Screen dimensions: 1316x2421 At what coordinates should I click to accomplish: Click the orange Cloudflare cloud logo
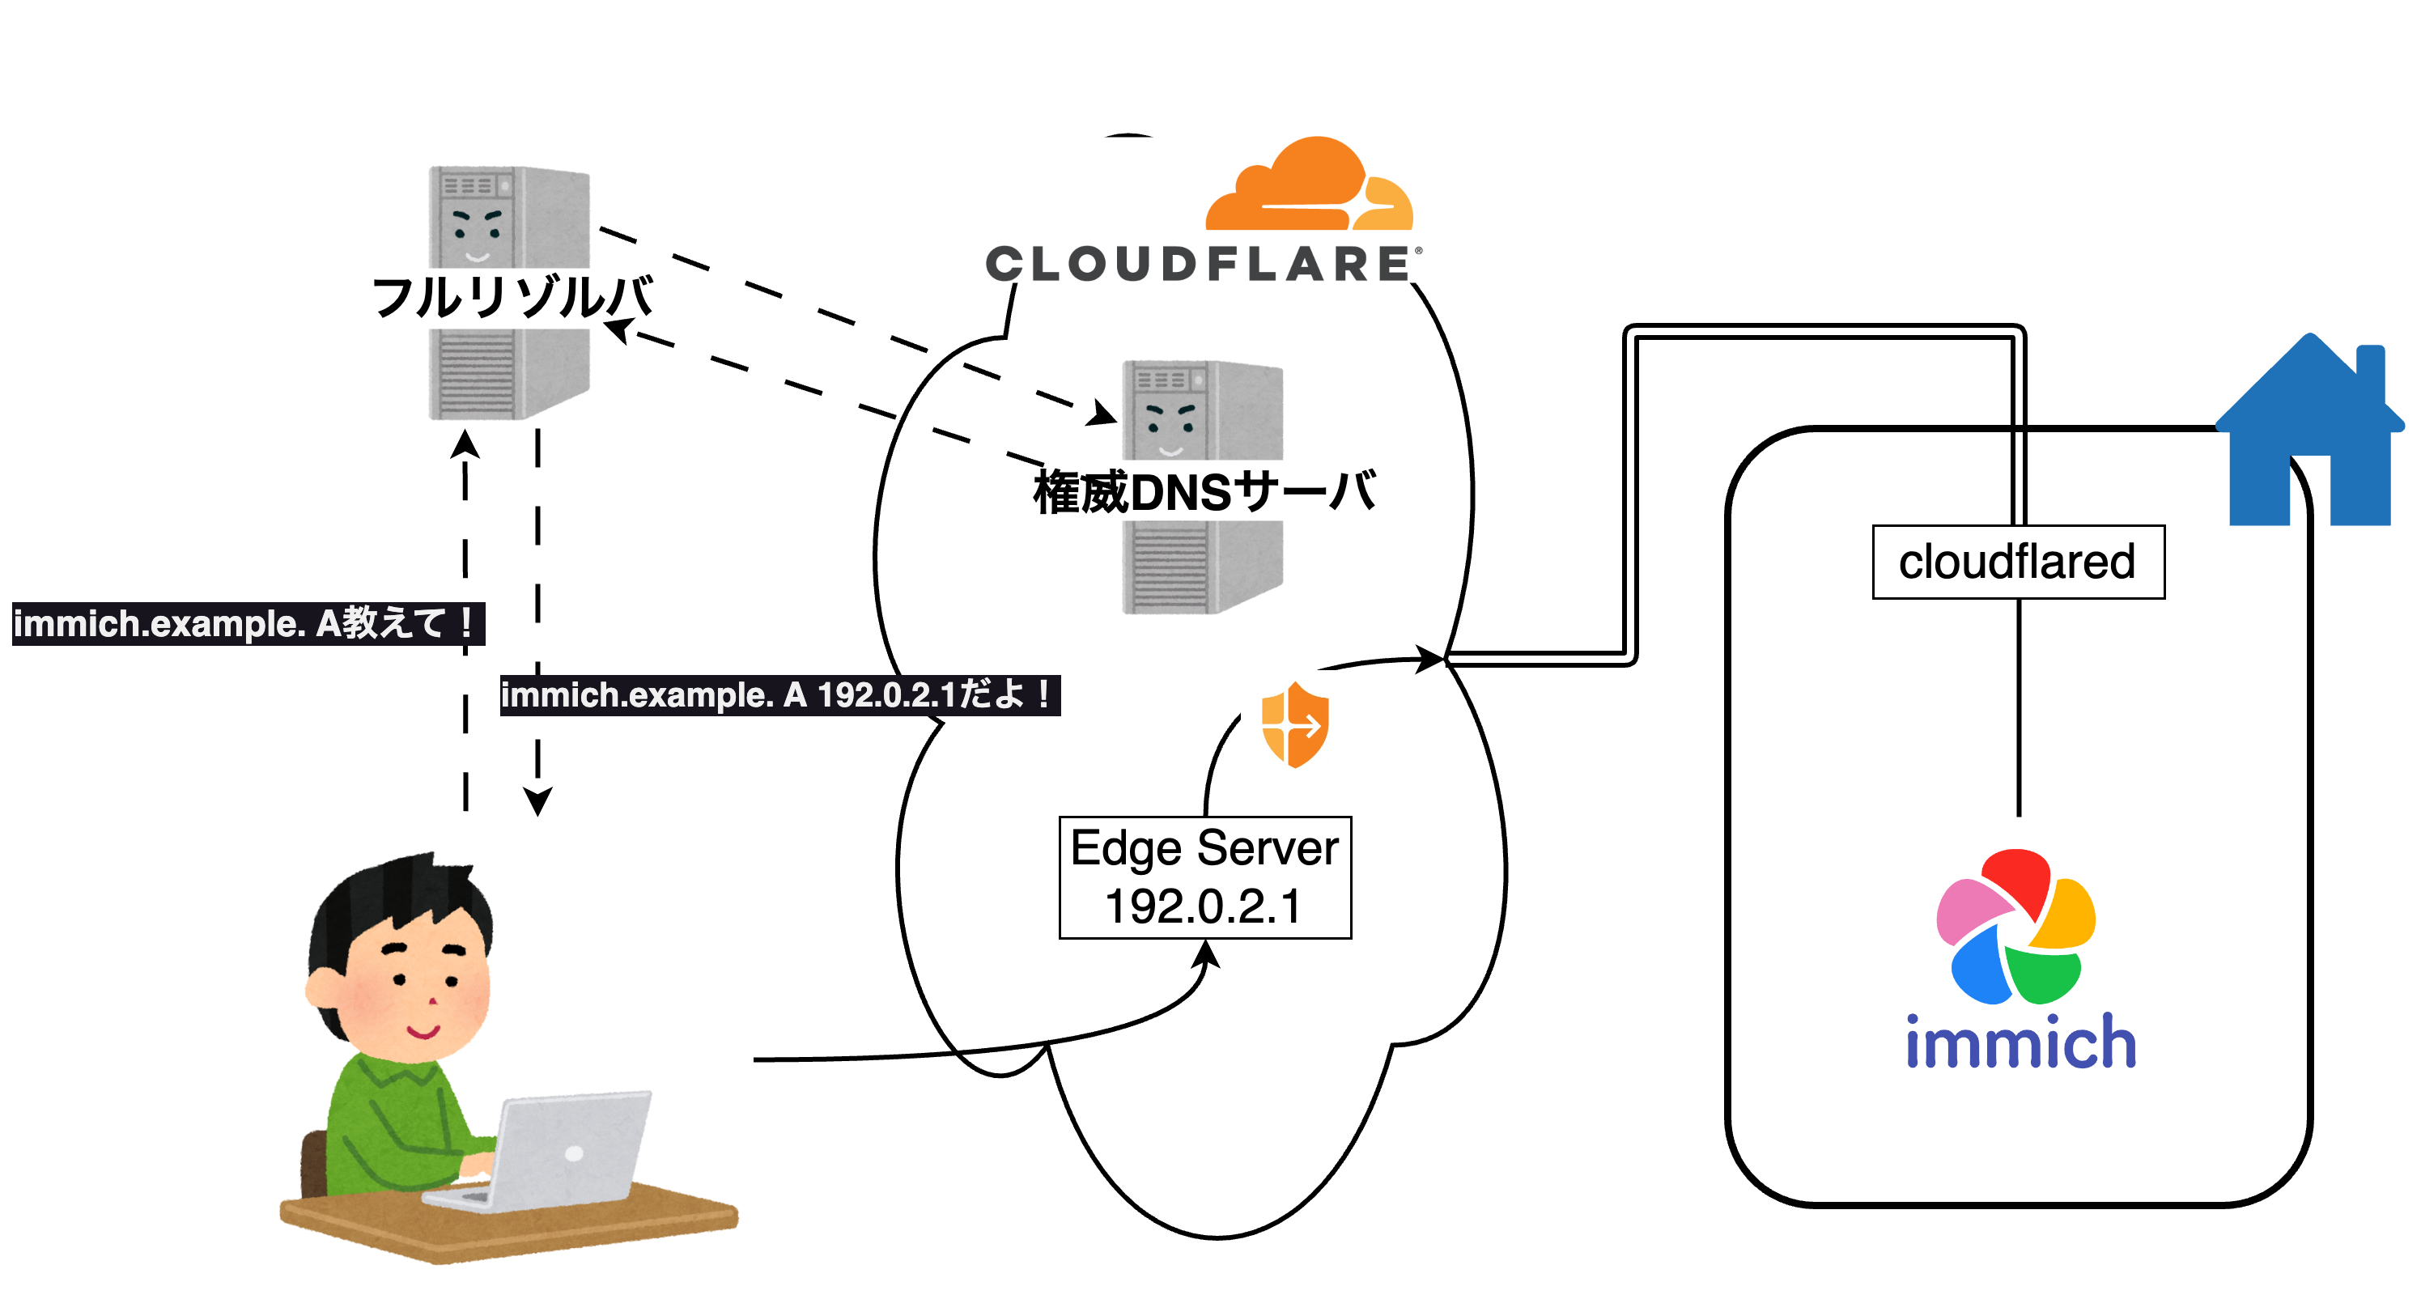tap(1308, 188)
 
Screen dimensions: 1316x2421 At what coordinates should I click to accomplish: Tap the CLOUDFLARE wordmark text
tap(1198, 264)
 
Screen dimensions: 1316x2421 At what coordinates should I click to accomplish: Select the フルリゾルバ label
tap(512, 297)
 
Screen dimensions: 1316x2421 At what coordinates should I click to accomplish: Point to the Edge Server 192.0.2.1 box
tap(1205, 877)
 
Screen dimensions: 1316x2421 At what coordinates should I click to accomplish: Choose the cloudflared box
tap(2018, 562)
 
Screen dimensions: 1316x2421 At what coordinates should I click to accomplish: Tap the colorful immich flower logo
tap(2016, 927)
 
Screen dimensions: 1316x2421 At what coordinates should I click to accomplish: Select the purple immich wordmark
tap(2020, 1042)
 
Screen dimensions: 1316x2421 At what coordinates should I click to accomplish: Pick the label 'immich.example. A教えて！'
tap(247, 624)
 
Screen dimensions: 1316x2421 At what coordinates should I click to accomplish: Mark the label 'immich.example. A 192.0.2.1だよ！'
tap(779, 695)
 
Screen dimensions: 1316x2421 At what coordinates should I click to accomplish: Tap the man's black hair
tap(395, 902)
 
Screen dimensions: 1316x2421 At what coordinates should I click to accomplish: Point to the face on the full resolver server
tap(478, 234)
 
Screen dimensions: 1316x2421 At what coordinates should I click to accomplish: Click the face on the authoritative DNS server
tap(1170, 427)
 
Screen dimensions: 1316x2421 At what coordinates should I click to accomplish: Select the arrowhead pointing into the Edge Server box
tap(1206, 954)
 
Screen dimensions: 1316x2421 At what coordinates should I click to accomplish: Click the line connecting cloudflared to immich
tap(2019, 705)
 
